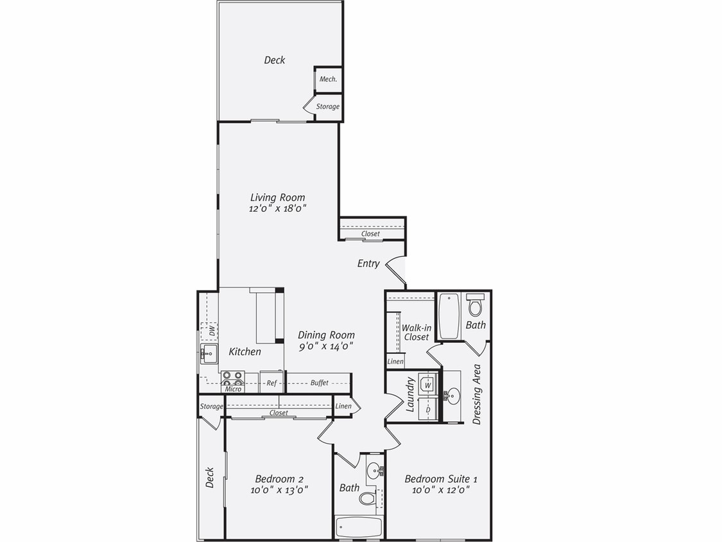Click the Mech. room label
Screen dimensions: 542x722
[x=328, y=79]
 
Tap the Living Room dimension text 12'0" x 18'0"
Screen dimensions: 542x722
[x=278, y=208]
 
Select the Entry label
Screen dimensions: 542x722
[x=368, y=263]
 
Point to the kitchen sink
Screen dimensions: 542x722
[x=208, y=353]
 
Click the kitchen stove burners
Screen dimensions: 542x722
[x=233, y=378]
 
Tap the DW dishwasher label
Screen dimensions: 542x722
[x=211, y=331]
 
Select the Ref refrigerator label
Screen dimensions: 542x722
[x=271, y=383]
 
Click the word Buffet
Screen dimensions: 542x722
[x=319, y=383]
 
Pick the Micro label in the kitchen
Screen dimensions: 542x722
[x=232, y=389]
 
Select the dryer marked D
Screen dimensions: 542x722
[x=427, y=408]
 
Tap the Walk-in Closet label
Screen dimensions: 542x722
[x=416, y=332]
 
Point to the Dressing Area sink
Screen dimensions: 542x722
[x=452, y=396]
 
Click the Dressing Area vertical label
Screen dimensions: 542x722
[x=477, y=394]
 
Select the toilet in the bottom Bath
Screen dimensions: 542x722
[x=367, y=497]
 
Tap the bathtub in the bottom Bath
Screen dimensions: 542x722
[x=359, y=527]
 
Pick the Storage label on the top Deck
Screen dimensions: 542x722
[x=327, y=107]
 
